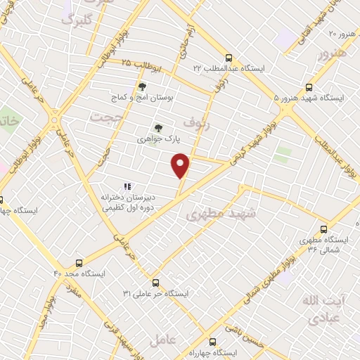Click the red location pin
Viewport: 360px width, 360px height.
[x=181, y=165]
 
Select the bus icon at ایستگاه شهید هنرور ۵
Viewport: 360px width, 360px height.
[x=286, y=99]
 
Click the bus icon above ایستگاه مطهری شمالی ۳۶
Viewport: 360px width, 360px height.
[x=323, y=229]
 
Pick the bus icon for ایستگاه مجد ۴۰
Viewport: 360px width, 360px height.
[x=79, y=263]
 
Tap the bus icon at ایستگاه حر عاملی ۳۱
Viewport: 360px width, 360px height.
[x=155, y=282]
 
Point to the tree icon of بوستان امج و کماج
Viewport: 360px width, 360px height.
[x=142, y=86]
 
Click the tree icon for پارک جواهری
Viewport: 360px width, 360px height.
[x=157, y=128]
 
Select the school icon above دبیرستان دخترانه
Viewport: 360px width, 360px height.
[x=127, y=186]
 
